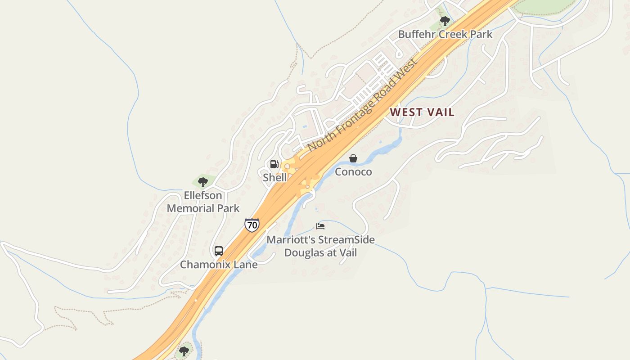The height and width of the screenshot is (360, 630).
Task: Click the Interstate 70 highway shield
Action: click(252, 225)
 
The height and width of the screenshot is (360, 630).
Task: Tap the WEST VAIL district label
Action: click(422, 112)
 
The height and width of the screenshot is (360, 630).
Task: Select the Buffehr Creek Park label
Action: click(445, 34)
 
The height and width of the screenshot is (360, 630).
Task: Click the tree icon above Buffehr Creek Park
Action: click(445, 21)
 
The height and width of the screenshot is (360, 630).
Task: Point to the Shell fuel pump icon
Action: click(274, 164)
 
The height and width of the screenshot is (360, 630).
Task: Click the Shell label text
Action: click(274, 177)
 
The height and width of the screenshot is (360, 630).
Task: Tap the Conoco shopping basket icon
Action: click(353, 158)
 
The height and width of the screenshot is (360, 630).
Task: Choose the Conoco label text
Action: click(353, 171)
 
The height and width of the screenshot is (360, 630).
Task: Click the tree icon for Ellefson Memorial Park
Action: click(203, 182)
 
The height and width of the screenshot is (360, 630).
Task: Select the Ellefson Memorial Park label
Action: click(203, 202)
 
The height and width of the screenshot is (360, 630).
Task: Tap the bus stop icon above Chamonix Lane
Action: click(219, 251)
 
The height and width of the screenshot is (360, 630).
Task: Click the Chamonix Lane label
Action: click(219, 264)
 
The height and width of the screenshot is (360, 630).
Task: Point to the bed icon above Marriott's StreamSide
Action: click(320, 226)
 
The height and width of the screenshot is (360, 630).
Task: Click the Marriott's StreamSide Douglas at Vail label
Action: click(320, 246)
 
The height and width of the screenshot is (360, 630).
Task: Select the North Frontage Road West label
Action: click(363, 105)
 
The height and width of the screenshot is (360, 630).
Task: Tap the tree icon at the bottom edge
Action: click(184, 351)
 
